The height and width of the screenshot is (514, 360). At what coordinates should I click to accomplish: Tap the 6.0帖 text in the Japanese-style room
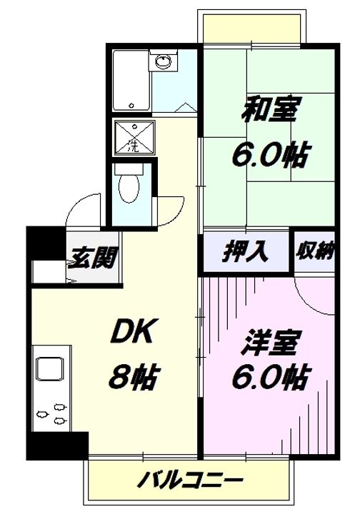269,153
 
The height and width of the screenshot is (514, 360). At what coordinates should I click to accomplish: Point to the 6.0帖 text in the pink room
270,376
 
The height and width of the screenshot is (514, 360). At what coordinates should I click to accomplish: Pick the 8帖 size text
133,376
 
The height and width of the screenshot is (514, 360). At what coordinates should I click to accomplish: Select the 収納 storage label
314,251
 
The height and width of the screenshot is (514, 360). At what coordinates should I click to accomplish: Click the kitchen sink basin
51,369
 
